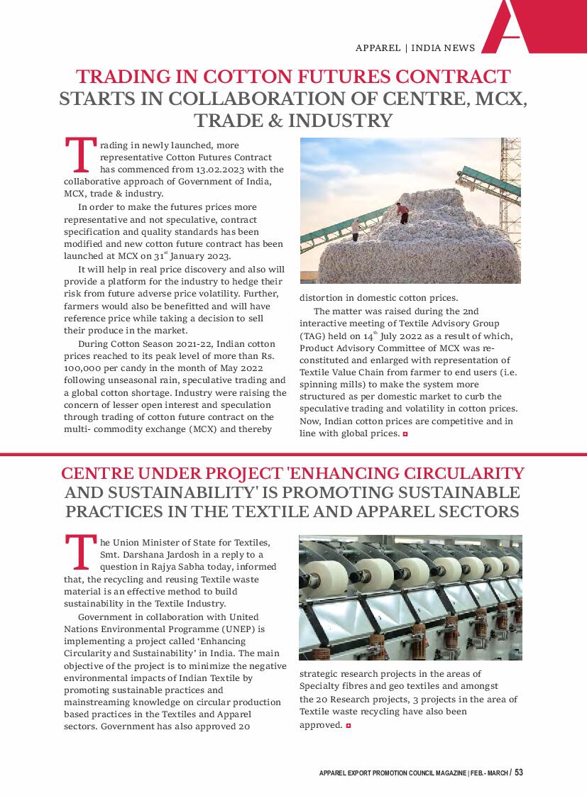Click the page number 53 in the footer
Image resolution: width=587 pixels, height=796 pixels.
pyautogui.click(x=519, y=772)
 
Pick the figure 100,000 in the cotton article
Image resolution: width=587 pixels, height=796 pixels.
pyautogui.click(x=83, y=369)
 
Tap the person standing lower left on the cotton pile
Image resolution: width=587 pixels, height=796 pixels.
pyautogui.click(x=355, y=229)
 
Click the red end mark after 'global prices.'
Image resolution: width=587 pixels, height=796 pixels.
pyautogui.click(x=405, y=433)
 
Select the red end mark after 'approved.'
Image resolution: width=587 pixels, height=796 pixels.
pyautogui.click(x=349, y=725)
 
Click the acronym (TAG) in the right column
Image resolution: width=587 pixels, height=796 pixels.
pyautogui.click(x=312, y=336)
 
